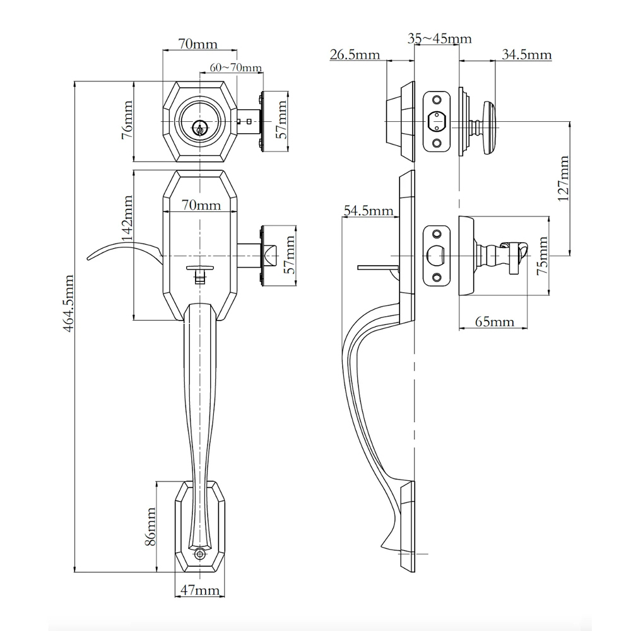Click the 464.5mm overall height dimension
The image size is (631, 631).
pyautogui.click(x=69, y=303)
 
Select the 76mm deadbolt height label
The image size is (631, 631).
pyautogui.click(x=127, y=120)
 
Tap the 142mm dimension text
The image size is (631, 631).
pyautogui.click(x=127, y=218)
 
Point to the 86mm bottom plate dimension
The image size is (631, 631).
pyautogui.click(x=150, y=527)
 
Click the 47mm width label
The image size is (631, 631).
pyautogui.click(x=200, y=591)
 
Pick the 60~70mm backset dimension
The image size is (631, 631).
pyautogui.click(x=236, y=68)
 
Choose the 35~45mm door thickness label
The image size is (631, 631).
pyautogui.click(x=439, y=38)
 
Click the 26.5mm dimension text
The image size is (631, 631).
pyautogui.click(x=355, y=54)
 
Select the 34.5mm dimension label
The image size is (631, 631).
pyautogui.click(x=527, y=54)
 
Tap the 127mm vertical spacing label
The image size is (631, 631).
pyautogui.click(x=563, y=179)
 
